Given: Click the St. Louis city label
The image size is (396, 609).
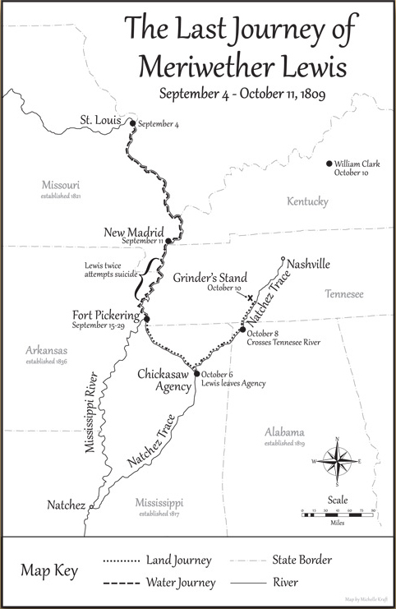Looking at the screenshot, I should pyautogui.click(x=100, y=121).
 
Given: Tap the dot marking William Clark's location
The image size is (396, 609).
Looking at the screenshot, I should pyautogui.click(x=329, y=164).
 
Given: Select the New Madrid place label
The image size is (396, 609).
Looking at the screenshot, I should pyautogui.click(x=134, y=232).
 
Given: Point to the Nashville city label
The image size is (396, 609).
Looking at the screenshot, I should pyautogui.click(x=308, y=264).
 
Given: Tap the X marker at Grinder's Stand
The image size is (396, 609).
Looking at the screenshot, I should pyautogui.click(x=251, y=297).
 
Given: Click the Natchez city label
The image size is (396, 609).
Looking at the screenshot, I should pyautogui.click(x=66, y=505).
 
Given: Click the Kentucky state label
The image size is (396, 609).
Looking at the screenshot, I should pyautogui.click(x=307, y=202).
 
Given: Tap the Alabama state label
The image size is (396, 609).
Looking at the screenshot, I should pyautogui.click(x=284, y=433).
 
